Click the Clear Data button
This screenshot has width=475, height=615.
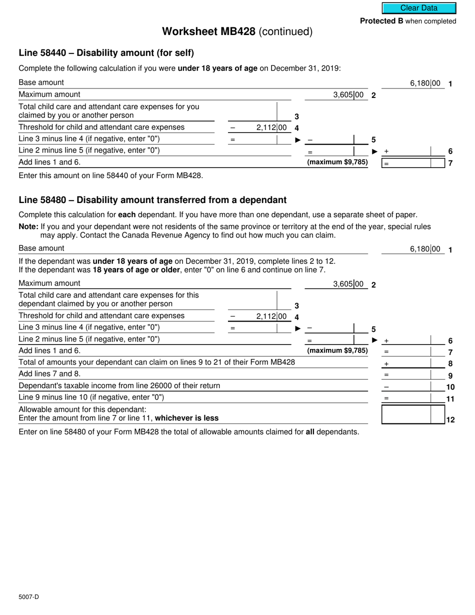(419, 8)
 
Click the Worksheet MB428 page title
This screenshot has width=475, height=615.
(237, 31)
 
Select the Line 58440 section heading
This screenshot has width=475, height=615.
(106, 53)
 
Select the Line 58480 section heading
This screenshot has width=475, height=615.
(152, 200)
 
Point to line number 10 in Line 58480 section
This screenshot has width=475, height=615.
(450, 387)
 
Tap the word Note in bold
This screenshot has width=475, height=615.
(28, 226)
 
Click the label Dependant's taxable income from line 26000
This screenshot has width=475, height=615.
(119, 385)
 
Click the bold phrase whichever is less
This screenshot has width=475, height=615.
(187, 418)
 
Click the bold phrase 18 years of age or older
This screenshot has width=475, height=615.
(136, 270)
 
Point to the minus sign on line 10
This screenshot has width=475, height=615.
(386, 387)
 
